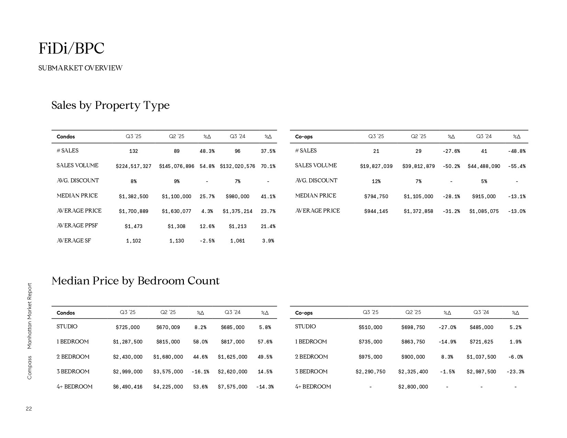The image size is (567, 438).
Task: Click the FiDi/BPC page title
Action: click(x=71, y=48)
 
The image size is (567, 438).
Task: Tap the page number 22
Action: click(x=29, y=409)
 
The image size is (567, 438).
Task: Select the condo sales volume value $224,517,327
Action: click(x=133, y=166)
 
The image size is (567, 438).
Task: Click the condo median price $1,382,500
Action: click(x=133, y=196)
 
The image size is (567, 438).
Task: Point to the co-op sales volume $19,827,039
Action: click(x=376, y=166)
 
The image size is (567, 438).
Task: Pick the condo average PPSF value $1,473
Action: click(x=133, y=226)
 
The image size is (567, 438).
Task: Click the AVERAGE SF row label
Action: click(x=74, y=241)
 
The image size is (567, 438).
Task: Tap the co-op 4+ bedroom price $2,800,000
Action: click(x=413, y=387)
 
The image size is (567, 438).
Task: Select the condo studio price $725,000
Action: click(x=127, y=327)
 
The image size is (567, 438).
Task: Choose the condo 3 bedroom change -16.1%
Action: click(x=200, y=372)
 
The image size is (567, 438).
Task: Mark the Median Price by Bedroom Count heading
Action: click(x=135, y=281)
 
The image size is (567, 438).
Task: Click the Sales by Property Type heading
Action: click(x=110, y=105)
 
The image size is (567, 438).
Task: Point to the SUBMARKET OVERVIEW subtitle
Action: click(x=80, y=68)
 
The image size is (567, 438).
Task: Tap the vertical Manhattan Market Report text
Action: click(x=30, y=316)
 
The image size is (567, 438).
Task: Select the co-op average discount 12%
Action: click(x=376, y=181)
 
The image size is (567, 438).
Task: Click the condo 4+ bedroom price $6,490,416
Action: click(x=127, y=387)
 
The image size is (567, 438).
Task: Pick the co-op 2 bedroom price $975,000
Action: click(x=370, y=357)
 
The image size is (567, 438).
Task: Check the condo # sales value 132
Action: click(x=133, y=151)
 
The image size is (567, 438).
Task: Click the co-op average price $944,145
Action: click(x=376, y=211)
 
